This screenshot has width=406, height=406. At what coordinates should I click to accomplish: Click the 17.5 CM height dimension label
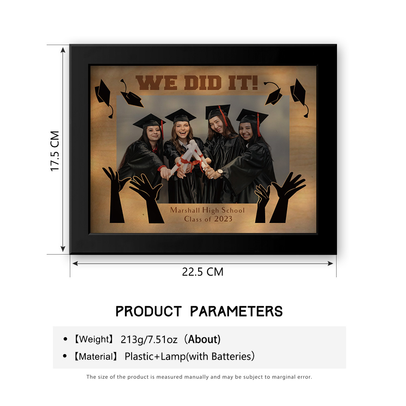[x=55, y=151]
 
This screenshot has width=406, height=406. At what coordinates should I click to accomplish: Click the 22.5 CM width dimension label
[x=203, y=272]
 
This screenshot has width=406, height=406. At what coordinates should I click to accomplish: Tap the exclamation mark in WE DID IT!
[x=255, y=82]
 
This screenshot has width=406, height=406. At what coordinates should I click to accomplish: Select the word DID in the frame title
[x=203, y=83]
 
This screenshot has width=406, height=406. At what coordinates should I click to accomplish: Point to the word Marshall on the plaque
[x=185, y=210]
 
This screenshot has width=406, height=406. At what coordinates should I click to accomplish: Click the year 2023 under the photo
[x=223, y=219]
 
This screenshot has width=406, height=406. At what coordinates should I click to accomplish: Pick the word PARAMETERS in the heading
[x=236, y=311]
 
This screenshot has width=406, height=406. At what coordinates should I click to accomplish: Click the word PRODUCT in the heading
[x=148, y=311]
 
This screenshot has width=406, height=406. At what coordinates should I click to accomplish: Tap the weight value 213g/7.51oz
[x=149, y=339]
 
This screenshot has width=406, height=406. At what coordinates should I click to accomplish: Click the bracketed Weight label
[x=94, y=339]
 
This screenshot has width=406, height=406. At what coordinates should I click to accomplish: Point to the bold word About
[x=203, y=339]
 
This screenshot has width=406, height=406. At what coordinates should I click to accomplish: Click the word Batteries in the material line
[x=231, y=356]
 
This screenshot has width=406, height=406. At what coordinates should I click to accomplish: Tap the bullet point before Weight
[x=65, y=339]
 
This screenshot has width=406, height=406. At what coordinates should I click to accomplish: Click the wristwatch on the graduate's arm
[x=220, y=172]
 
